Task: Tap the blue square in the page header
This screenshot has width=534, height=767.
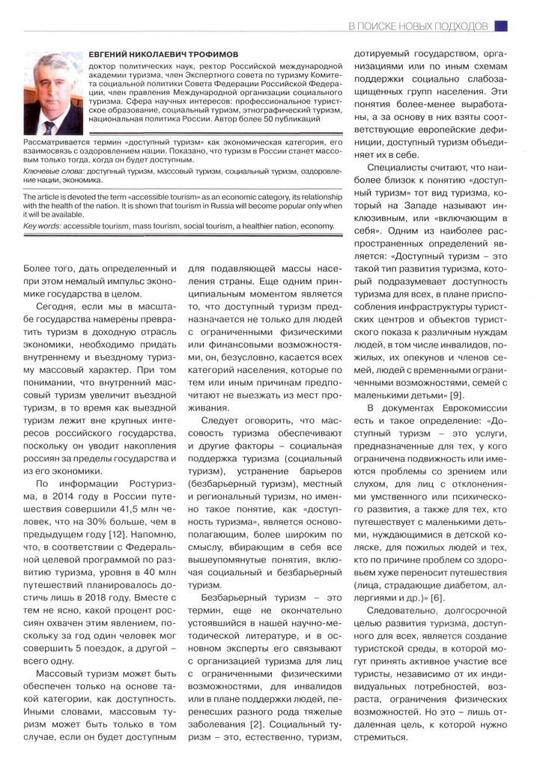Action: pyautogui.click(x=502, y=26)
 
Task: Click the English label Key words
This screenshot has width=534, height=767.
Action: pyautogui.click(x=43, y=226)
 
